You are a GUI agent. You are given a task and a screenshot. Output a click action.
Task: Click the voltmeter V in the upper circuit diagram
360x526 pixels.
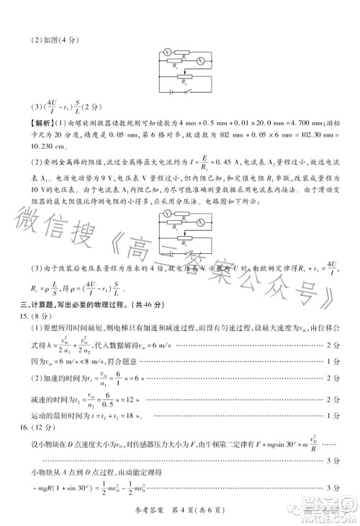pos(166,52)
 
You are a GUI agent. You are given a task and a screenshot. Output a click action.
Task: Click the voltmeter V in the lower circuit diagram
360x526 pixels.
pos(166,214)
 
